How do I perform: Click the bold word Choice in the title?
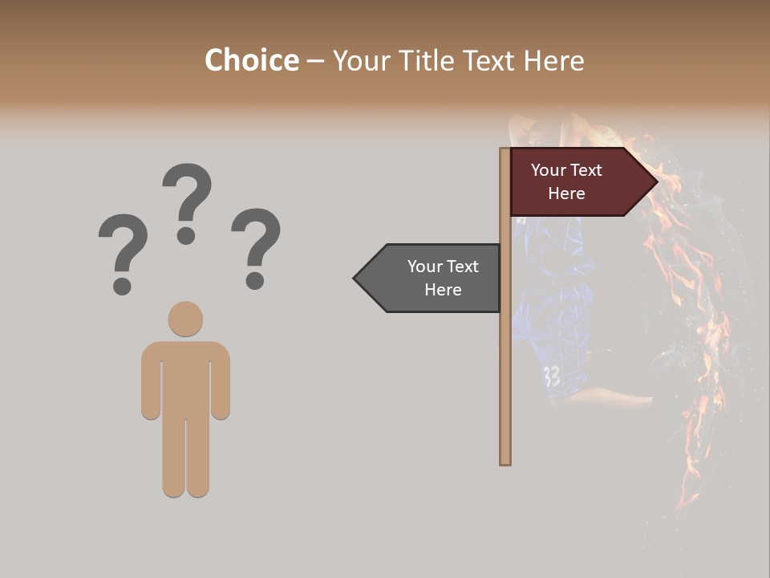(252, 60)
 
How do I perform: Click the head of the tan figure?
(185, 319)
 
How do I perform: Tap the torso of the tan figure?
(185, 377)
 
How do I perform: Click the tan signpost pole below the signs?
(505, 385)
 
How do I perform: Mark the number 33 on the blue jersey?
(552, 376)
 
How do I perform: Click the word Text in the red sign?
(586, 170)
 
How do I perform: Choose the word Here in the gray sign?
(443, 290)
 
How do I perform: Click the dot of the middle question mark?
(186, 235)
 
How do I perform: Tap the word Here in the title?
(553, 60)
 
